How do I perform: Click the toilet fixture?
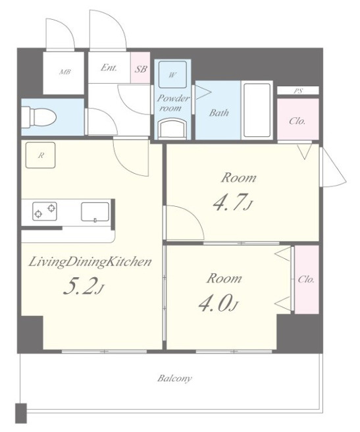coord(39,117)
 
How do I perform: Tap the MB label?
coord(65,72)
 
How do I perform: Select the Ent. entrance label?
coord(109,67)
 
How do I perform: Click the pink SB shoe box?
coord(140,67)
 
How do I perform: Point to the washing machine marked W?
coord(172,74)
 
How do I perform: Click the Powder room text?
coord(173,103)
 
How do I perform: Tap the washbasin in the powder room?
coord(172,128)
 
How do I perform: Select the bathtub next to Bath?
coord(257,110)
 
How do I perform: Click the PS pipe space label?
coord(298,91)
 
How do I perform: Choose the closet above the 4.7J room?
coord(298,119)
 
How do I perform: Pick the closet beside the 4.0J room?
coord(307,280)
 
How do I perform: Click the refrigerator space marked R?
coord(41,155)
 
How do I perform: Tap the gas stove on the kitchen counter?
coord(45,211)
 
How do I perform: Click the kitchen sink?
coord(95,212)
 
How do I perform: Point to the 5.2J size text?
coord(84,286)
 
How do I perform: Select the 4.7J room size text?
coord(233,203)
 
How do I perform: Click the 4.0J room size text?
coord(219,304)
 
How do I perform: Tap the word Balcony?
coord(174,378)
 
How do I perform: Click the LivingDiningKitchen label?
coord(90,261)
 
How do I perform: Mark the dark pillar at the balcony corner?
coord(21,413)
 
